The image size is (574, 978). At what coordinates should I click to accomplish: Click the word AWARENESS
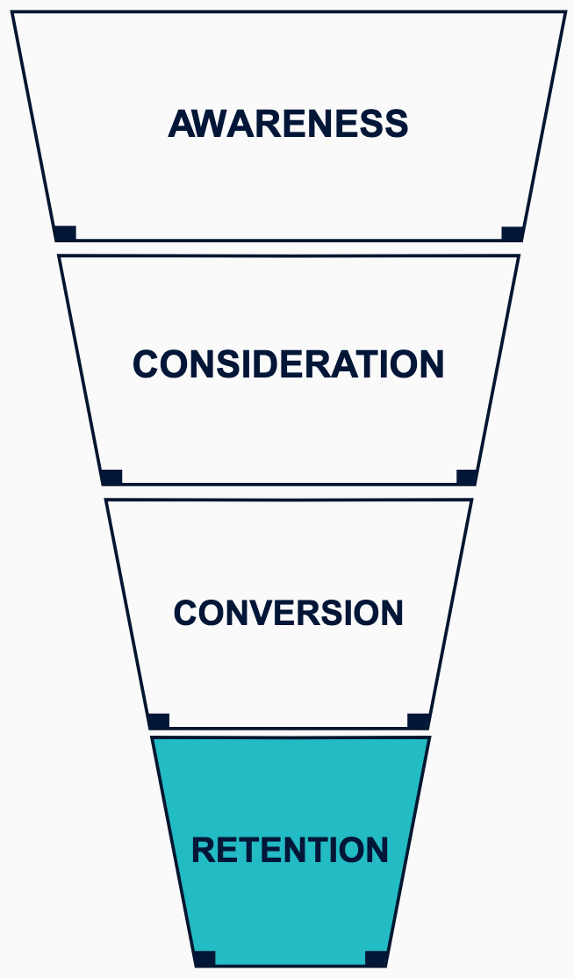288,124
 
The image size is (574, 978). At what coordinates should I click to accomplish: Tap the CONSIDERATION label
288,364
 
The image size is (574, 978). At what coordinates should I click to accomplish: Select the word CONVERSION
288,613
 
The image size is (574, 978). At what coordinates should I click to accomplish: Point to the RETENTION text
290,850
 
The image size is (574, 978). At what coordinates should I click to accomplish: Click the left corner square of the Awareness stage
65,233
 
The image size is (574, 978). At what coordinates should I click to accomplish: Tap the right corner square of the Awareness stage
513,233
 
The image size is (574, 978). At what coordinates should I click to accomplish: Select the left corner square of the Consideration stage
111,477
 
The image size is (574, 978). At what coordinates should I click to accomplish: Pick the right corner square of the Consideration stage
467,477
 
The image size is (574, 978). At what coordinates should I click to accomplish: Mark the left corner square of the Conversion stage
159,721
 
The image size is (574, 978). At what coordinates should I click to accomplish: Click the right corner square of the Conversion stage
419,721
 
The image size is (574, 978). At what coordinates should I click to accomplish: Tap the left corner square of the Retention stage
204,958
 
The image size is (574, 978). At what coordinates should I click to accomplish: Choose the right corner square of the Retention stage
376,958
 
